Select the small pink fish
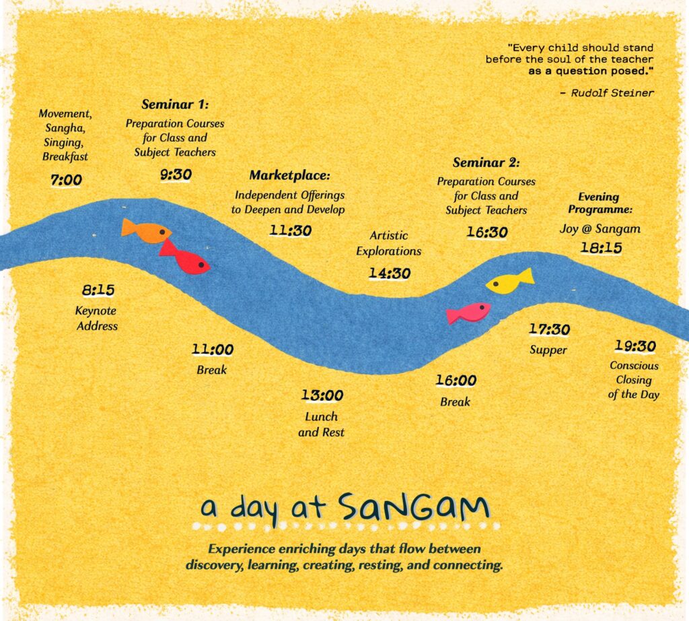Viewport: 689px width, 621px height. click(x=468, y=313)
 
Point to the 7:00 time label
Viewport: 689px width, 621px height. click(x=66, y=181)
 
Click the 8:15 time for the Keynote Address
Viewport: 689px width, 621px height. click(x=98, y=291)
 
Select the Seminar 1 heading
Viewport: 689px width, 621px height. click(x=175, y=105)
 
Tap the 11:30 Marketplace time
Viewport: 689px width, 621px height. click(x=291, y=230)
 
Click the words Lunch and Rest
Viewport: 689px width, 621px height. click(x=321, y=424)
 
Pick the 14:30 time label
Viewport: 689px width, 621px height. click(x=389, y=273)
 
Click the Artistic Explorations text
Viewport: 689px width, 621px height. click(x=388, y=243)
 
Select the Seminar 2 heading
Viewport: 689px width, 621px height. click(x=486, y=163)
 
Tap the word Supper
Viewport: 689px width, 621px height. click(x=548, y=350)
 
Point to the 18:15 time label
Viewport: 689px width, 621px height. click(x=601, y=248)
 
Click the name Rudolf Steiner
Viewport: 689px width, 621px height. click(x=612, y=93)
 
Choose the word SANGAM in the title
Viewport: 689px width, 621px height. click(x=413, y=507)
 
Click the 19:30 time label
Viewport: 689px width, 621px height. click(x=634, y=346)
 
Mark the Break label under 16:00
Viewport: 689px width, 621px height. click(x=455, y=402)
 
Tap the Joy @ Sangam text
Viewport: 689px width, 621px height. click(x=600, y=229)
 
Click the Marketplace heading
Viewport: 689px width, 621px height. click(x=290, y=176)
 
